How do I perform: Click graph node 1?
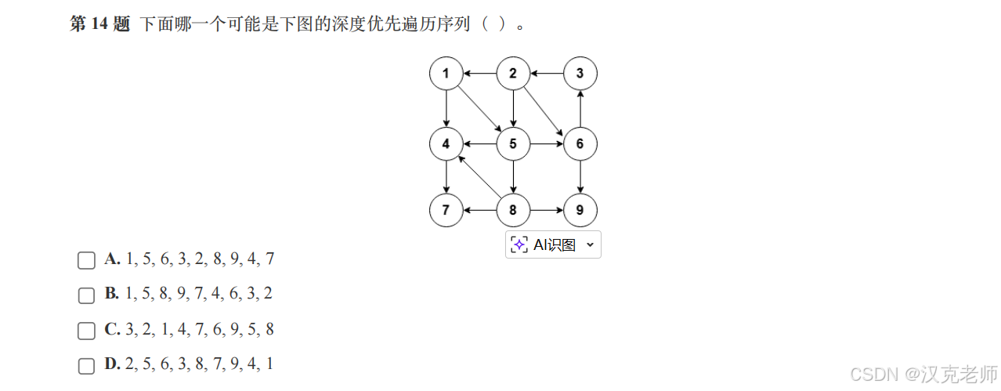(x=446, y=74)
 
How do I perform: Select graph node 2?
(x=513, y=74)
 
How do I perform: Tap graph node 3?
(x=580, y=74)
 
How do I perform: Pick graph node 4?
(x=446, y=143)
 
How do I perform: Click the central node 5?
(x=513, y=143)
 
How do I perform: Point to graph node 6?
(x=580, y=143)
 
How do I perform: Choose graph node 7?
(x=446, y=211)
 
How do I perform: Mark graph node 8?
(x=513, y=211)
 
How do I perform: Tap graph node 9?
(x=580, y=211)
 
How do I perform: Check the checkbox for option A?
(x=86, y=260)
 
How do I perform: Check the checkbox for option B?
(x=86, y=295)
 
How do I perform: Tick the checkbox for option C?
(x=86, y=331)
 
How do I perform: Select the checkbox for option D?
(x=86, y=366)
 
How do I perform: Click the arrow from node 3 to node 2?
(x=547, y=74)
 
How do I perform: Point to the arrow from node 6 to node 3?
(x=580, y=109)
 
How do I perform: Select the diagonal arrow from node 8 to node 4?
(x=479, y=177)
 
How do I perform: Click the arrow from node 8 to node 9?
(x=547, y=211)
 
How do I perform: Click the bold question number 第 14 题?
(x=99, y=24)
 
